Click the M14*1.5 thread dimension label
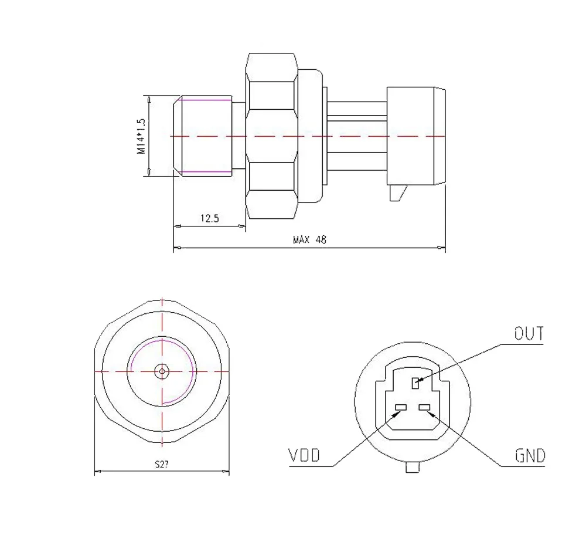point(141,137)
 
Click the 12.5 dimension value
point(210,218)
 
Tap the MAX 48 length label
point(309,239)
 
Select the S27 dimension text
point(162,464)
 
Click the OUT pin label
point(529,333)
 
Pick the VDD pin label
point(304,455)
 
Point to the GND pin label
point(530,456)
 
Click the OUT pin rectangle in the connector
point(415,383)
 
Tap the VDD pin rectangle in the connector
point(401,407)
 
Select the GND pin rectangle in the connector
point(424,407)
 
